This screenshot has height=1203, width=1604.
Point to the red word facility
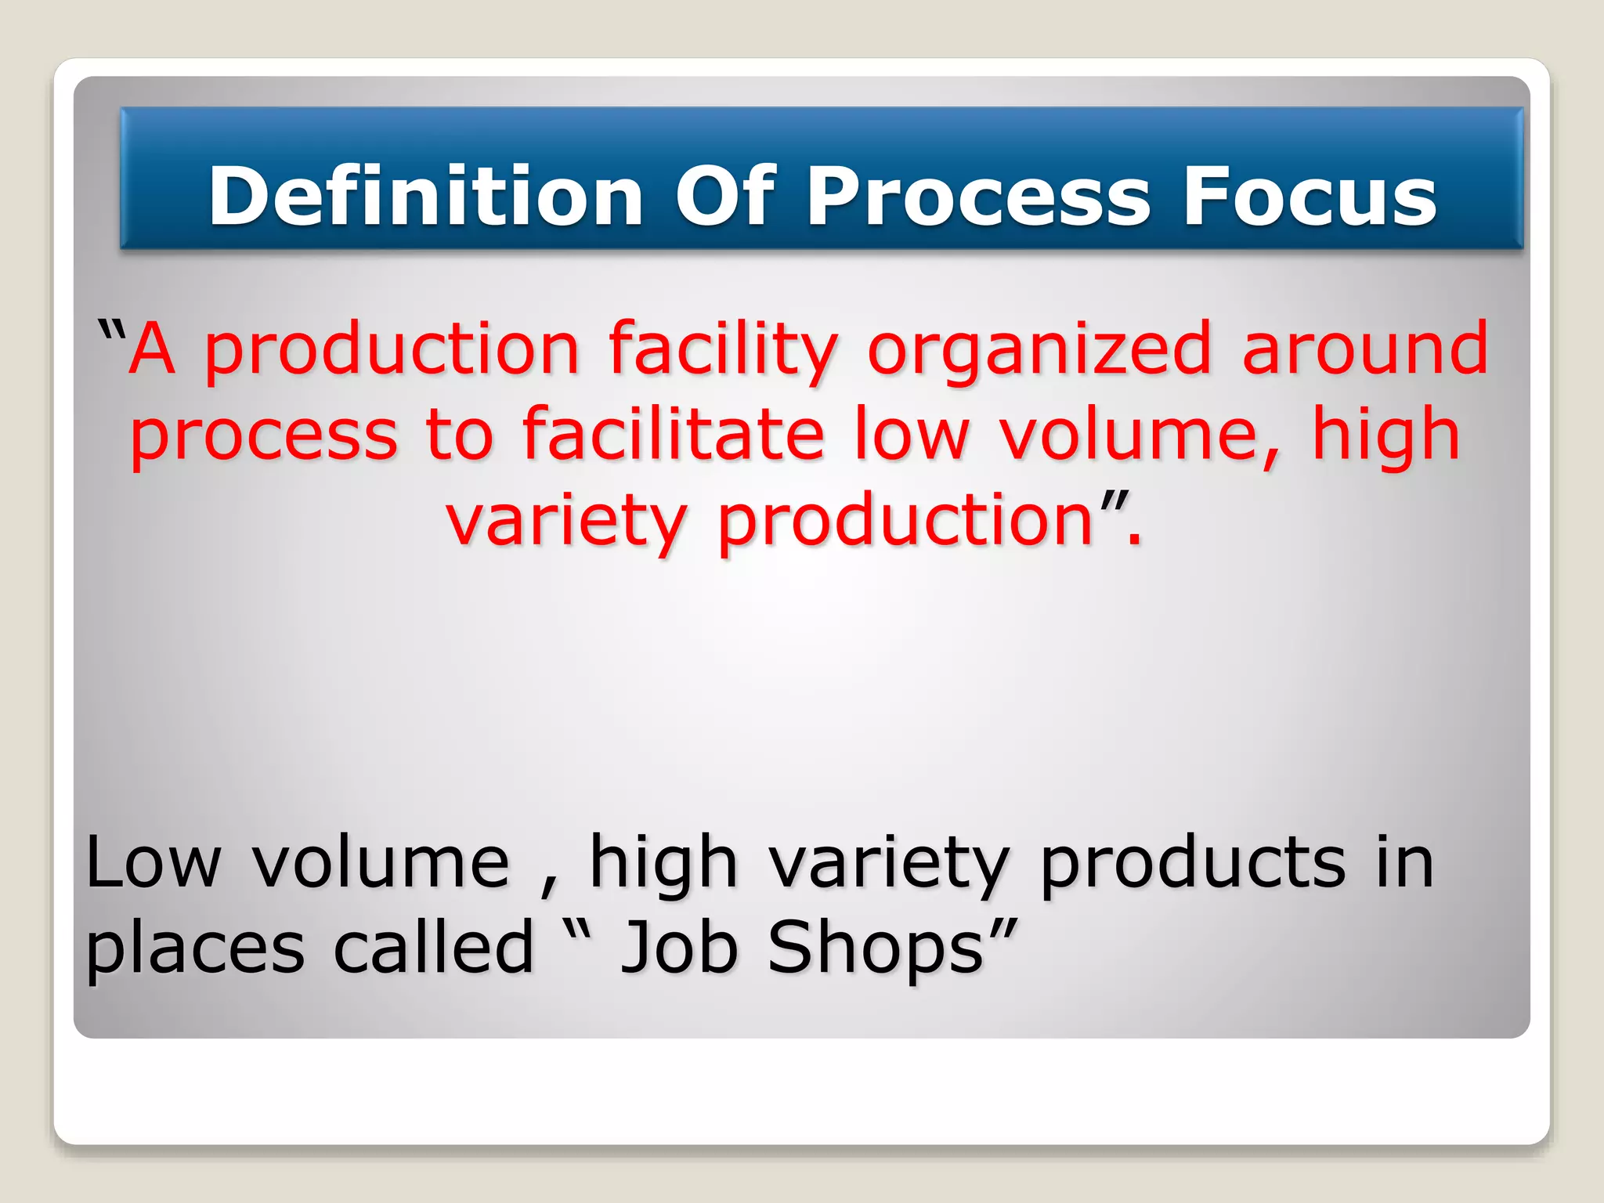[723, 350]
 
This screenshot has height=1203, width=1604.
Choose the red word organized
[1040, 350]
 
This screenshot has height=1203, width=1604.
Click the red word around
[1364, 349]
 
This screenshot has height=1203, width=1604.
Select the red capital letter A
[152, 349]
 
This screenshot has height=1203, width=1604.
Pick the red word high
[1386, 435]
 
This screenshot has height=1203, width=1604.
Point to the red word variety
[566, 522]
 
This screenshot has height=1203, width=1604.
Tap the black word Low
[154, 862]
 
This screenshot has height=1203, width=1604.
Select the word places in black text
[194, 948]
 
